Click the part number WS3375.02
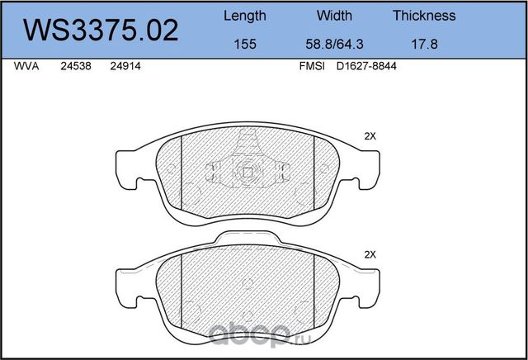(x=101, y=31)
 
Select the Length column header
(x=245, y=16)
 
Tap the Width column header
(x=334, y=16)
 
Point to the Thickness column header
(x=424, y=16)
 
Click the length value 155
(x=245, y=44)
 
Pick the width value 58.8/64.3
(x=334, y=44)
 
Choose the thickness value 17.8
(x=425, y=44)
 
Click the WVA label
(x=26, y=66)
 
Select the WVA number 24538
(x=76, y=66)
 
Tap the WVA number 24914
(x=125, y=66)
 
